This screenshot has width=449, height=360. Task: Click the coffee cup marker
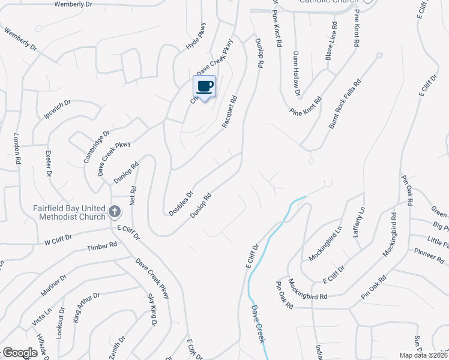204,86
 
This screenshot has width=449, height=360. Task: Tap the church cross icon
115,212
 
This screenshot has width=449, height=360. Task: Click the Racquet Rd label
231,112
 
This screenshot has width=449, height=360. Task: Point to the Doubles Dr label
180,203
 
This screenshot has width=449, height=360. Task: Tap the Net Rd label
133,194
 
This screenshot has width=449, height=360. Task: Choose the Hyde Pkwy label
196,37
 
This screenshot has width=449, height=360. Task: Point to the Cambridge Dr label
97,146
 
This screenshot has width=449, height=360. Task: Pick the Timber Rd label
101,247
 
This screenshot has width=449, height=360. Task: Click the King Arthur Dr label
85,308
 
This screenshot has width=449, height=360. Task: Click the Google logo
20,353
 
